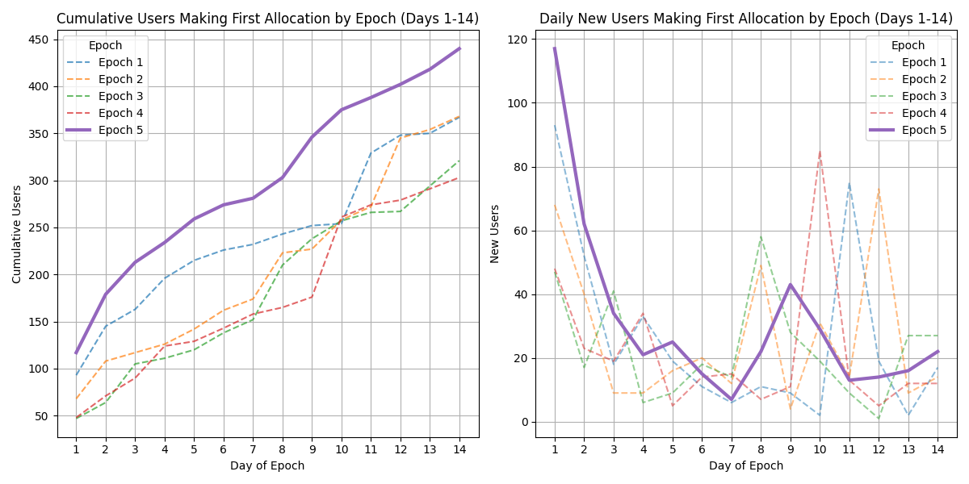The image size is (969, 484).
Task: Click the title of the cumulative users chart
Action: tap(267, 19)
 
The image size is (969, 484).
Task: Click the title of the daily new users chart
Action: tap(746, 19)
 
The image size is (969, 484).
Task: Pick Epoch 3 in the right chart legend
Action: tap(924, 96)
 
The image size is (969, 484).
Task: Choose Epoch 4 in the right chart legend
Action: tap(924, 113)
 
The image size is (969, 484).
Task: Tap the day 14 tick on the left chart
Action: tap(459, 448)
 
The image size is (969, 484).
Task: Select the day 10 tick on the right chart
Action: tap(820, 448)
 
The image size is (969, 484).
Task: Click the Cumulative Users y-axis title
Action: tap(17, 234)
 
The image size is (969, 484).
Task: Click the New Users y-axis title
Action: tap(495, 234)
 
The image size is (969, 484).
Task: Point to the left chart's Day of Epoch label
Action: tap(267, 465)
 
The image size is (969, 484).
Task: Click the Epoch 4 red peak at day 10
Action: tap(820, 152)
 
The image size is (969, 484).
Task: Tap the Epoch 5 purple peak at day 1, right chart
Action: tap(555, 48)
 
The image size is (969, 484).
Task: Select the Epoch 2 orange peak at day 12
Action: tap(879, 190)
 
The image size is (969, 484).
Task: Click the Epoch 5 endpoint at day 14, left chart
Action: tap(459, 48)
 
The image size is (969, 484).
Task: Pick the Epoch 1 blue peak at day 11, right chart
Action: tap(849, 183)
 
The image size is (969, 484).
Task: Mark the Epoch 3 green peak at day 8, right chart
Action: tap(761, 237)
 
